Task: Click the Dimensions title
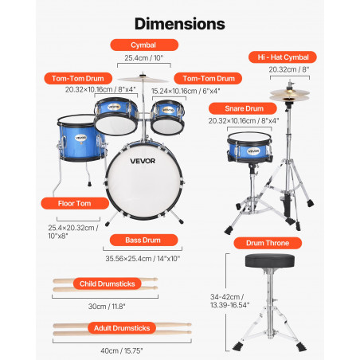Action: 180,24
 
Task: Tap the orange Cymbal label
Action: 144,45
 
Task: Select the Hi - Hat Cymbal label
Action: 283,57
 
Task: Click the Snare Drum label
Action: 243,108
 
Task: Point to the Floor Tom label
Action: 75,203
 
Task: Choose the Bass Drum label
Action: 143,240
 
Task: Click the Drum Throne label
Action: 268,243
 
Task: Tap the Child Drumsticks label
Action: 108,284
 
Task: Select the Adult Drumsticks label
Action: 122,328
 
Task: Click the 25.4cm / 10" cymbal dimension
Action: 144,58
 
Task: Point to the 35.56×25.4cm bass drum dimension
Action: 143,258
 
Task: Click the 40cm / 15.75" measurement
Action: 122,350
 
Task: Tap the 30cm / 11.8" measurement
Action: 107,307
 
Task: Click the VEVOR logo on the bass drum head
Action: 143,161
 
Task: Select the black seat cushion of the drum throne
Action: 270,261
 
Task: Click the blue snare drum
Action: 249,147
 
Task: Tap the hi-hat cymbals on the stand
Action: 290,96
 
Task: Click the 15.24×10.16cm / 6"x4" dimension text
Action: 186,91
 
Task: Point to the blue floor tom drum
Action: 81,138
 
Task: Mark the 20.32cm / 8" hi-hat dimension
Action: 289,69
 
